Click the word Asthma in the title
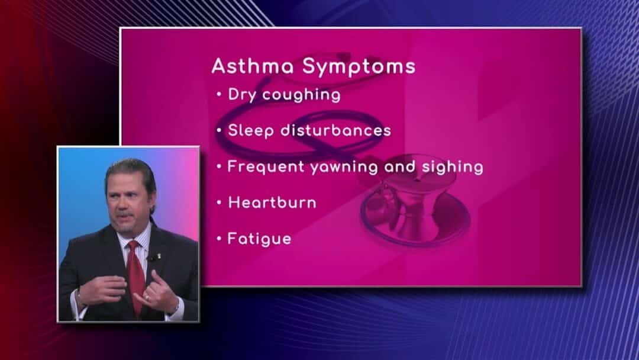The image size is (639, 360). tap(252, 66)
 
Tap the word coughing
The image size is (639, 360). tap(301, 95)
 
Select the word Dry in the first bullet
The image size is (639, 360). tap(242, 95)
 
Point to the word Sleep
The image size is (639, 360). tap(251, 131)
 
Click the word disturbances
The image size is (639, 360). tap(336, 130)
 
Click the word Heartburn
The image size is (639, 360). tap(272, 202)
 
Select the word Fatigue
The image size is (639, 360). tap(259, 239)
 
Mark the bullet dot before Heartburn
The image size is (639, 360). tap(220, 202)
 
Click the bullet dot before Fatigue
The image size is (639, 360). tap(220, 239)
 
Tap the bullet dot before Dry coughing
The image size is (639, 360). tap(220, 95)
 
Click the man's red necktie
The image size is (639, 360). tap(135, 277)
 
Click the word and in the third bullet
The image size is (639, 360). tap(400, 166)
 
